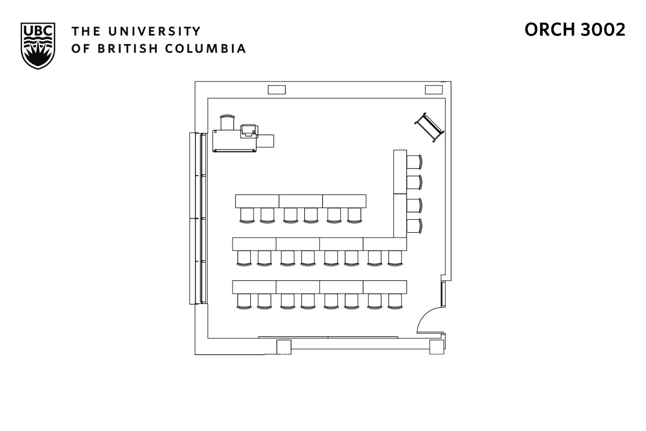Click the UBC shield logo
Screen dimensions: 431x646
click(x=38, y=45)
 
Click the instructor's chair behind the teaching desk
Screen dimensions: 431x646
click(x=228, y=122)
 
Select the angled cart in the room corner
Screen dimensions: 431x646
click(x=429, y=127)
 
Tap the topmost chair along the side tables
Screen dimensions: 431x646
click(x=413, y=161)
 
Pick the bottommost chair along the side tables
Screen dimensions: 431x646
click(x=413, y=226)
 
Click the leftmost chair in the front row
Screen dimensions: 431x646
click(x=247, y=215)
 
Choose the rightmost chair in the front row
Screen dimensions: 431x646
click(x=354, y=215)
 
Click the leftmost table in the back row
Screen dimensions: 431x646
click(x=254, y=287)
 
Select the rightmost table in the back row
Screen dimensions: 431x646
click(x=385, y=287)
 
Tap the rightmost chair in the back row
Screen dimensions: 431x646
click(x=396, y=301)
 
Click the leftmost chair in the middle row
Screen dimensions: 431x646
click(x=244, y=258)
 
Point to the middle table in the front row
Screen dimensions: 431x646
click(x=300, y=200)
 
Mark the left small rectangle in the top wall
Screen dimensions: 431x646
click(x=276, y=89)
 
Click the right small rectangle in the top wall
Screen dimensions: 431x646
click(x=434, y=89)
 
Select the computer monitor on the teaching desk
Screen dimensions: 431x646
click(x=248, y=130)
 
